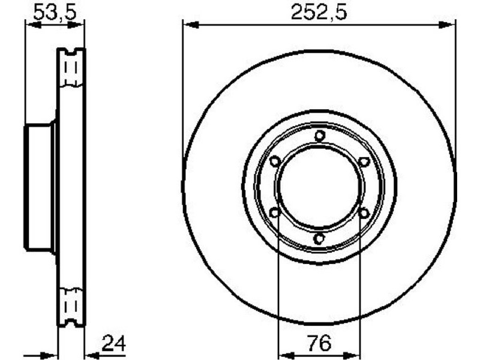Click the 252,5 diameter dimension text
[319, 12]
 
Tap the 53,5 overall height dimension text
[55, 12]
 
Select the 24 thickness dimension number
[113, 343]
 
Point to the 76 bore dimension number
[320, 343]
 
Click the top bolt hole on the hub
[320, 136]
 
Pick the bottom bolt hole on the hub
[319, 238]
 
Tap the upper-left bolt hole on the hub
[275, 161]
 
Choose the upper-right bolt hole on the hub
[364, 161]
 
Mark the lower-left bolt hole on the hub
[275, 212]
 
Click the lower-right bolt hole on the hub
[364, 212]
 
